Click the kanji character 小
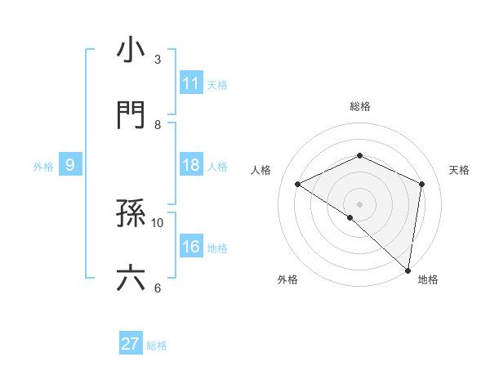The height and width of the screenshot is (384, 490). (131, 50)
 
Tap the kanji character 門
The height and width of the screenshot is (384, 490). (131, 116)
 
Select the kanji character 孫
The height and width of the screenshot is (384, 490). (131, 215)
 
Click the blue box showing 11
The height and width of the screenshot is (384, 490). (191, 83)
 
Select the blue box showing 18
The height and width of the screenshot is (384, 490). (191, 165)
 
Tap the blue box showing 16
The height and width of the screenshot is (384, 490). (191, 247)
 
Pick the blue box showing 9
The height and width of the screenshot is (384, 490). (70, 165)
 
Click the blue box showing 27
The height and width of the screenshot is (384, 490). (131, 344)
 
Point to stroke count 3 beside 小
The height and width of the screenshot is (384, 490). (158, 59)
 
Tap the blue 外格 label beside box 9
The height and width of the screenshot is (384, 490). (43, 166)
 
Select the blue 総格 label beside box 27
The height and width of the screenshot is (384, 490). (157, 345)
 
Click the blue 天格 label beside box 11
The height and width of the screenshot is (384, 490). (217, 84)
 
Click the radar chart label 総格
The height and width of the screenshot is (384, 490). (360, 106)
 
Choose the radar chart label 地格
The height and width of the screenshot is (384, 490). (428, 280)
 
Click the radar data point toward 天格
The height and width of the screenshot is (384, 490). (422, 184)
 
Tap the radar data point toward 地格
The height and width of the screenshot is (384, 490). (408, 270)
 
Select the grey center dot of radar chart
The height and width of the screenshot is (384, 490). (359, 203)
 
